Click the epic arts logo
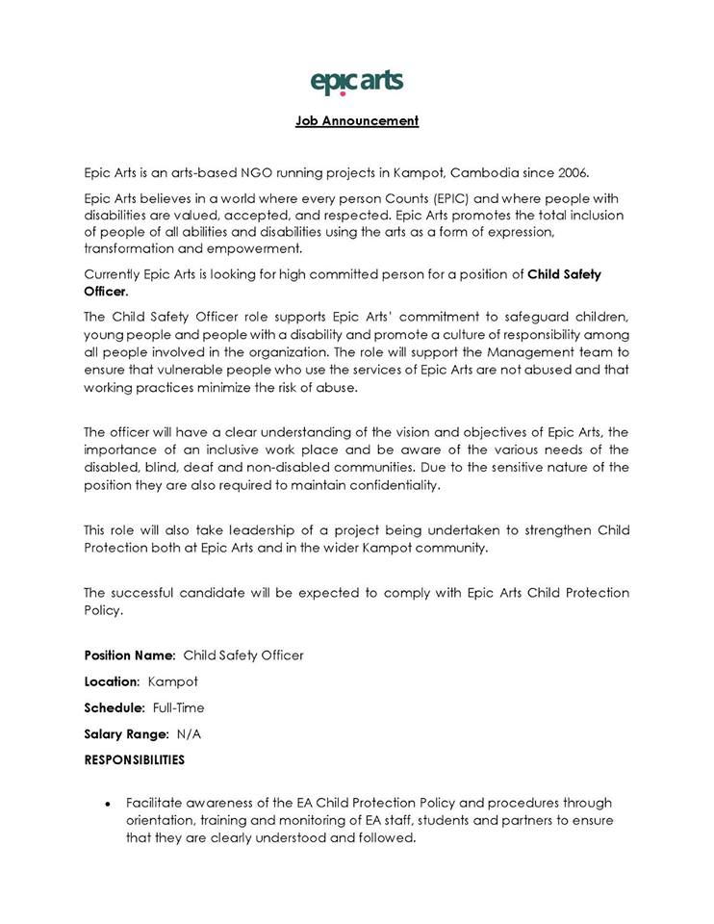coord(356,82)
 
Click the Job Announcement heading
coord(356,121)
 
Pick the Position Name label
coord(129,655)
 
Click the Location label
coord(112,681)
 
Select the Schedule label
coord(115,707)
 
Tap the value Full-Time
coord(178,707)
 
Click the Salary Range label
coord(126,733)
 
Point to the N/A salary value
coord(189,733)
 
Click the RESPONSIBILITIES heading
coord(134,759)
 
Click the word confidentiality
coord(394,485)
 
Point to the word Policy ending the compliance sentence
coord(103,610)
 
